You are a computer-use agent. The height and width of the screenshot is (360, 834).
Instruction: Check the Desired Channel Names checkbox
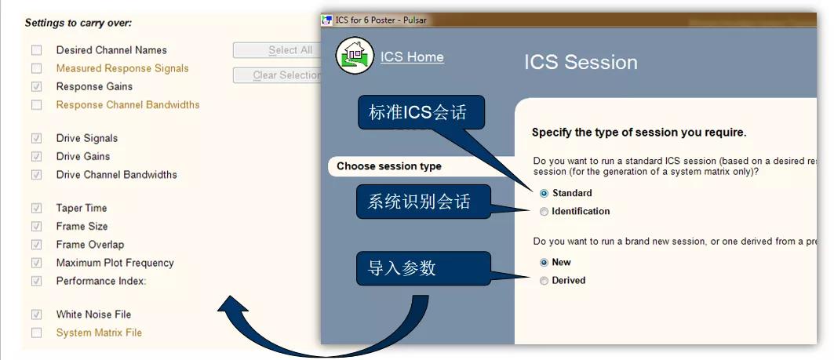(36, 50)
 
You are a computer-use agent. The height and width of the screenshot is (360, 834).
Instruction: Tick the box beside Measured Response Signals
(36, 68)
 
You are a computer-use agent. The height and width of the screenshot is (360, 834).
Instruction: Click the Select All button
(277, 50)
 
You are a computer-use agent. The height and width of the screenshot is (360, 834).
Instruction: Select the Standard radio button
(544, 194)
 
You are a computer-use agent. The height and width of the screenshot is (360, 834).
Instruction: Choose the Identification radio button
(544, 212)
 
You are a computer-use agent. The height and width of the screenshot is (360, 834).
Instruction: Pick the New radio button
(544, 263)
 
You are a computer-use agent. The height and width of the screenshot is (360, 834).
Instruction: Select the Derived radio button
(544, 281)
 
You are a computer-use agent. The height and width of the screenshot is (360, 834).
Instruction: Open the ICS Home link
(412, 57)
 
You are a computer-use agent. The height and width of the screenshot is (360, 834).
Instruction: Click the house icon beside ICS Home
(355, 56)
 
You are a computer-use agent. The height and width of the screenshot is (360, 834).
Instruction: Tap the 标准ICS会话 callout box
(421, 112)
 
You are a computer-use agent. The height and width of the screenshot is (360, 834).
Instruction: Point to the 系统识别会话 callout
(422, 202)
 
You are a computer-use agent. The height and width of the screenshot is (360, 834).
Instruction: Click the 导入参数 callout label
(424, 268)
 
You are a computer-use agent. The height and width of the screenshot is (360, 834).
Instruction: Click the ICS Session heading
(581, 62)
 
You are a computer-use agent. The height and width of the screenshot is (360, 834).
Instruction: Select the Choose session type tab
(389, 166)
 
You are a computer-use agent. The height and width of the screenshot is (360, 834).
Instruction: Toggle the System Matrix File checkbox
(36, 333)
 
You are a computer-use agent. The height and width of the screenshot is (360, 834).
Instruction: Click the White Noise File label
(93, 315)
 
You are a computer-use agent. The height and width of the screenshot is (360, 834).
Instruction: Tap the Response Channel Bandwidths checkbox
(36, 105)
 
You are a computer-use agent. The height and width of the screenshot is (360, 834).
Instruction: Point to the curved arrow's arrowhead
(232, 304)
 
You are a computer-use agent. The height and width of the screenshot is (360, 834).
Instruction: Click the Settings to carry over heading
(78, 23)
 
